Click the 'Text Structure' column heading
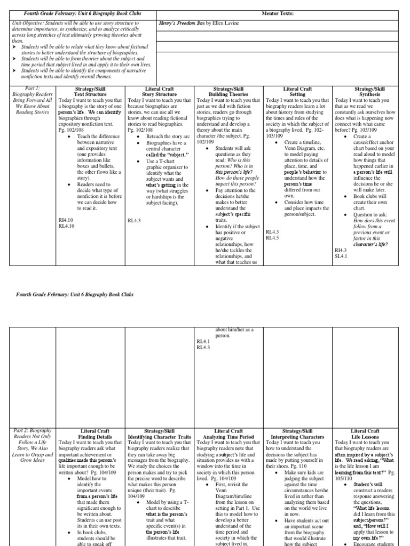[x=91, y=94]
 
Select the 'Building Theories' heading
[x=229, y=94]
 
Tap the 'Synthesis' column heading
[x=366, y=94]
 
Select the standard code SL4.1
[x=341, y=256]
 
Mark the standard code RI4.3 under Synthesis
[x=341, y=250]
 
